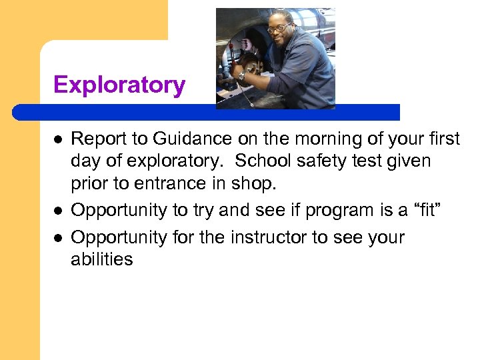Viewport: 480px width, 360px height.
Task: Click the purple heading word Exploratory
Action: pyautogui.click(x=119, y=85)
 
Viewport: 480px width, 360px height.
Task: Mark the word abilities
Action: pyautogui.click(x=101, y=259)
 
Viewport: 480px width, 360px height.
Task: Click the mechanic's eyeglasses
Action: pyautogui.click(x=279, y=29)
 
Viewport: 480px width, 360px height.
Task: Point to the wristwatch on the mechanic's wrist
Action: pyautogui.click(x=241, y=76)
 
